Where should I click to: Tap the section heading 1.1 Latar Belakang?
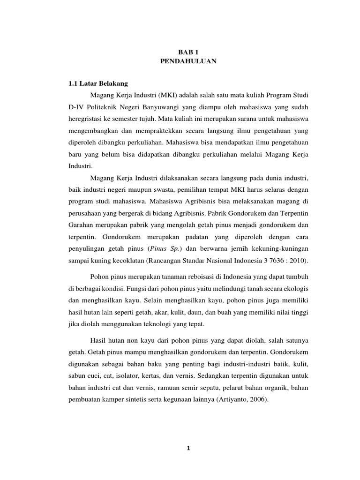click(x=95, y=83)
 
